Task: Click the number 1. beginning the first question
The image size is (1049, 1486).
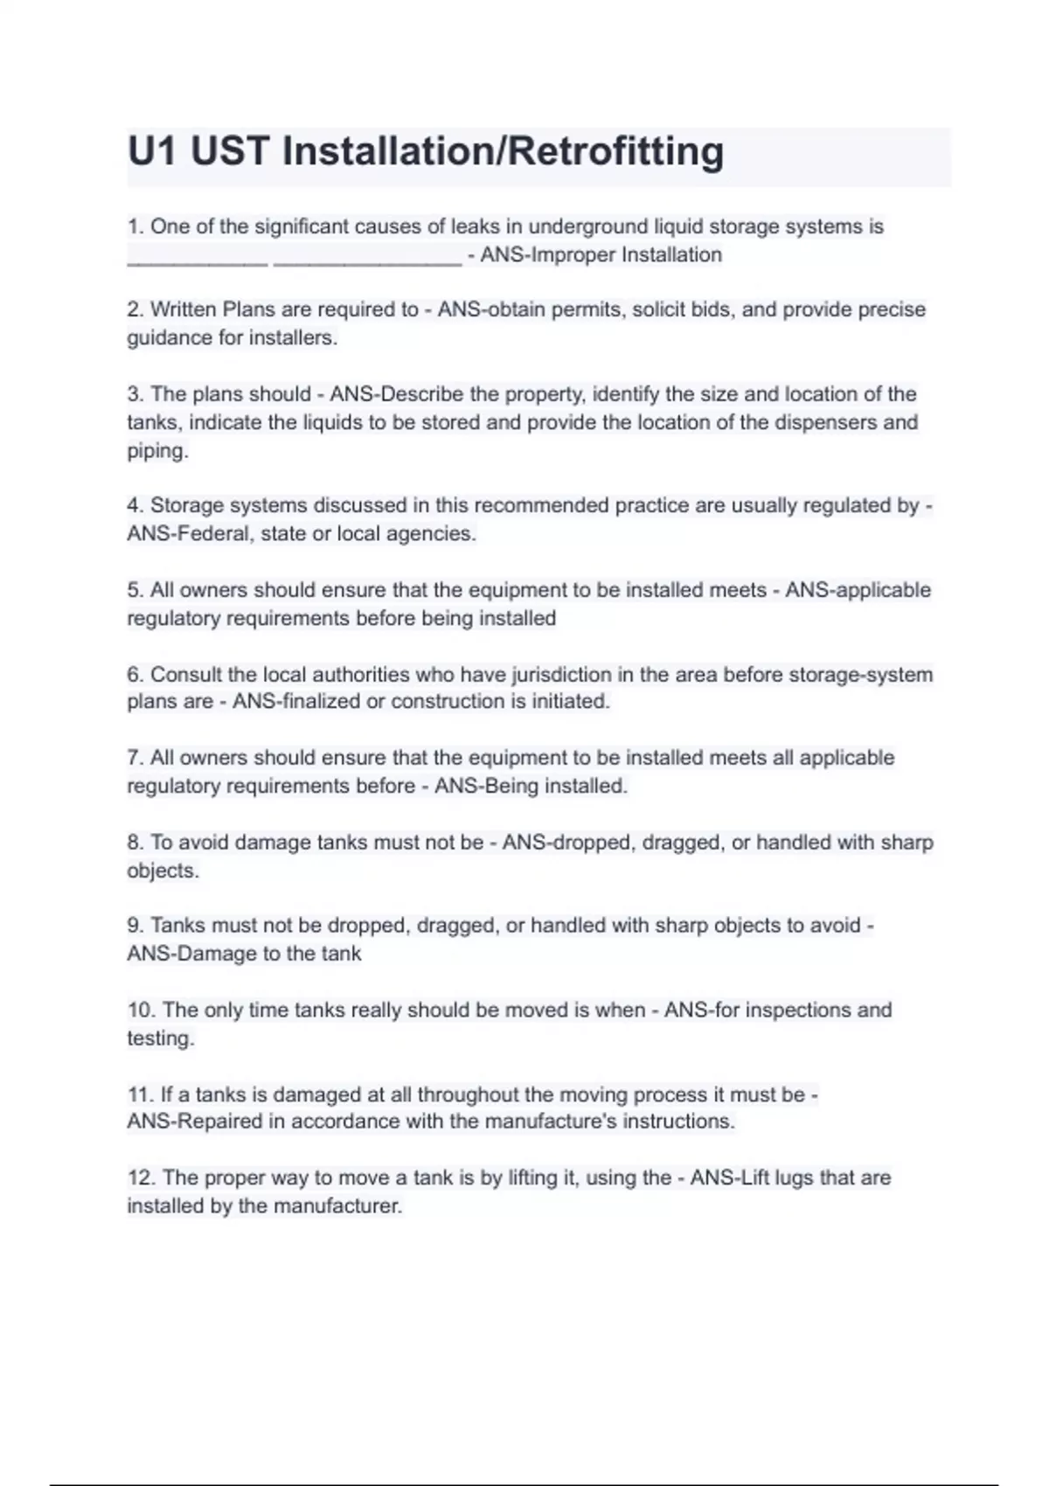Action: [135, 227]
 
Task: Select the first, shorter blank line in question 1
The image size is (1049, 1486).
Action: [198, 260]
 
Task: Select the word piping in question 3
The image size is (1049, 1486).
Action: [156, 452]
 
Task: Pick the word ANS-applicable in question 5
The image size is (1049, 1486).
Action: [858, 591]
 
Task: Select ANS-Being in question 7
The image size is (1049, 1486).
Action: [486, 787]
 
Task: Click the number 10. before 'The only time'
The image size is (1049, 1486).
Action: [142, 1010]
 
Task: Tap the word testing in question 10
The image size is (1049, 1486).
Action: [159, 1039]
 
